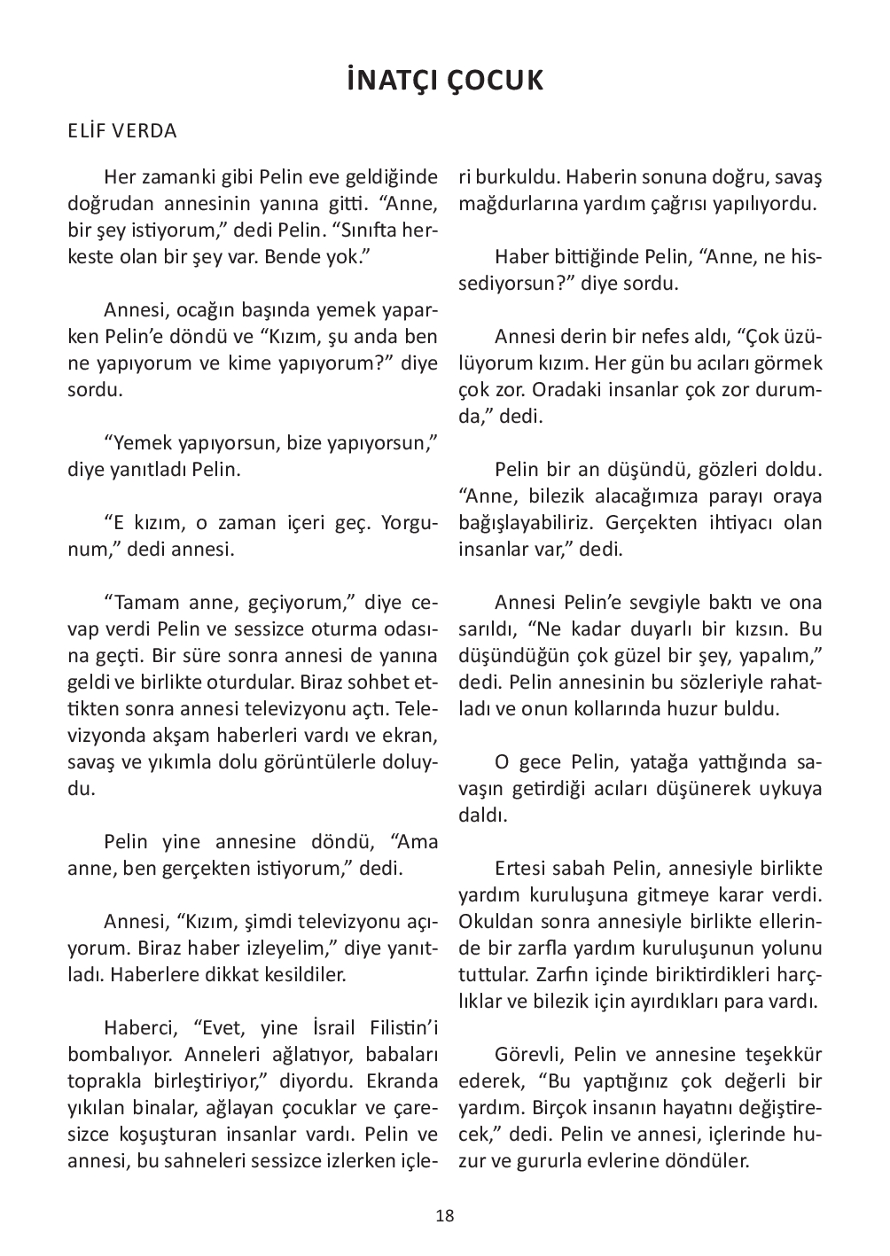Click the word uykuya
788,789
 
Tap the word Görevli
527,1055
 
